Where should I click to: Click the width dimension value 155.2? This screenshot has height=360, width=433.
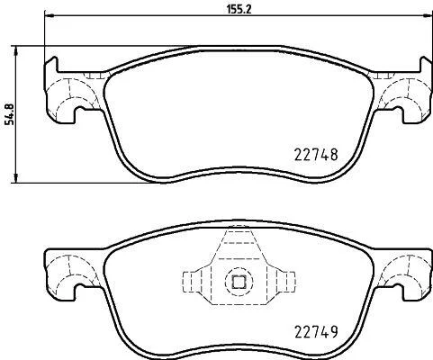tap(239, 9)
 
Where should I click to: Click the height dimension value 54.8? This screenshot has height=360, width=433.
tap(9, 114)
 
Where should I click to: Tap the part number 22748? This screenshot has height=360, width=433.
tap(316, 155)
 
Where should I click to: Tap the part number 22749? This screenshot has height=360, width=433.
tap(316, 332)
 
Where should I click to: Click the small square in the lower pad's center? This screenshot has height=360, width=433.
tap(239, 282)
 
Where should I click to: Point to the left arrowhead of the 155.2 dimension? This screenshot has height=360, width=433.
tap(49, 14)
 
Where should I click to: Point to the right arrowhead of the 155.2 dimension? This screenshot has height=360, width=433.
tap(428, 14)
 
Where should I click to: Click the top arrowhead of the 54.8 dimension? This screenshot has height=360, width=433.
tap(16, 50)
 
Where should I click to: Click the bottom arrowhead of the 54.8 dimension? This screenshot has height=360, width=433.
tap(16, 177)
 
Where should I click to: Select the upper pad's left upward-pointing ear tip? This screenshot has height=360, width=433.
tap(54, 58)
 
